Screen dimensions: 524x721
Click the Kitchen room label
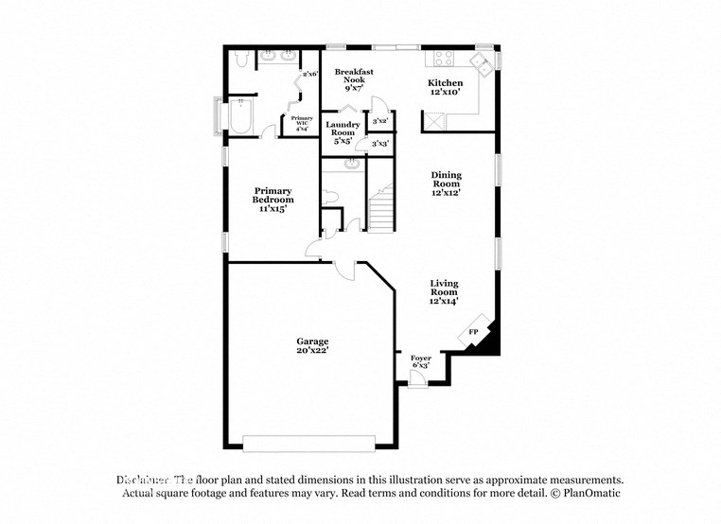[445, 88]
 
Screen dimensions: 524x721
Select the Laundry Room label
[343, 132]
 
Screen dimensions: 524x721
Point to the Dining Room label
[446, 183]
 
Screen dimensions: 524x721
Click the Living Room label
[444, 292]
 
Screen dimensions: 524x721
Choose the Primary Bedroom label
[273, 200]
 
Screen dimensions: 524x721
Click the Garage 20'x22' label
[311, 346]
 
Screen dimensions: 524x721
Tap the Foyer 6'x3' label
[420, 361]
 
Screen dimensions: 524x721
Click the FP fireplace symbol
[474, 332]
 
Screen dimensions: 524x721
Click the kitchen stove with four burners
[442, 60]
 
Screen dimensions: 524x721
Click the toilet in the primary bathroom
[241, 60]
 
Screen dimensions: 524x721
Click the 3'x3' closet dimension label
[381, 144]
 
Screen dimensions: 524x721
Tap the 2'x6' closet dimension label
[308, 74]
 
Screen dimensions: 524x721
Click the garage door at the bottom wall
[308, 441]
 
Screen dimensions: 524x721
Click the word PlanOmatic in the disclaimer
[589, 494]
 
